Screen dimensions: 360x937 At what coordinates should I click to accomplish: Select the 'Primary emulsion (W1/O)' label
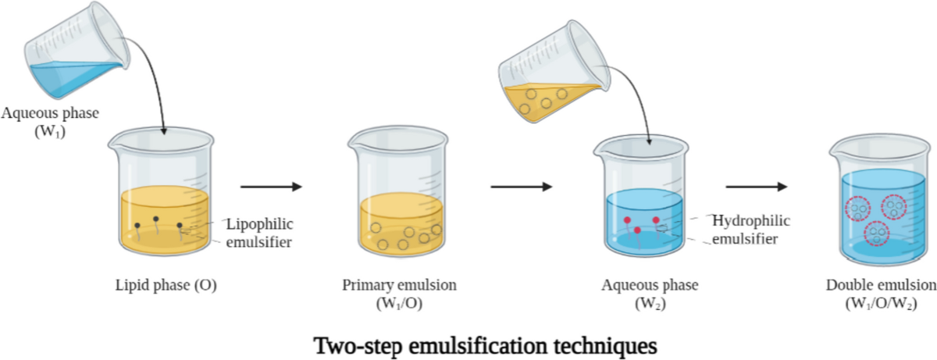(400, 294)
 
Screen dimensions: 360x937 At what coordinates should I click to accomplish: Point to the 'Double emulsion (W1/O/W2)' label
(880, 294)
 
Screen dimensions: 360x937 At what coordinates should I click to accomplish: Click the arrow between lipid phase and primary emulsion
(270, 187)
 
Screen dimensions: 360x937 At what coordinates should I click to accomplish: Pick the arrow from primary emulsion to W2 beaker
(520, 187)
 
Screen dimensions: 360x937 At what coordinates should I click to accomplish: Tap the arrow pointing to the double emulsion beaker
(756, 187)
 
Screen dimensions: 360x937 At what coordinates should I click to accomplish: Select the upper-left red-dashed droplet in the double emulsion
(857, 209)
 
